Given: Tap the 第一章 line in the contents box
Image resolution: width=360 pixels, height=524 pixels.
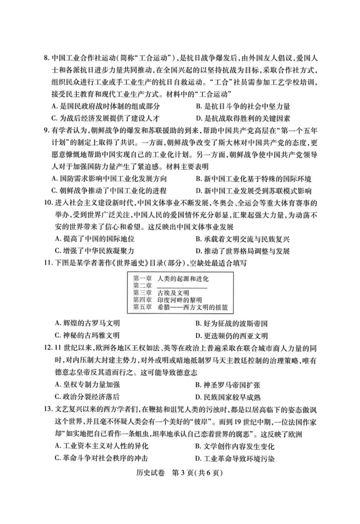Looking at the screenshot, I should (x=170, y=278).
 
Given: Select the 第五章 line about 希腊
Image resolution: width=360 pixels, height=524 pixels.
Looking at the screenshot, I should (x=181, y=307).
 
